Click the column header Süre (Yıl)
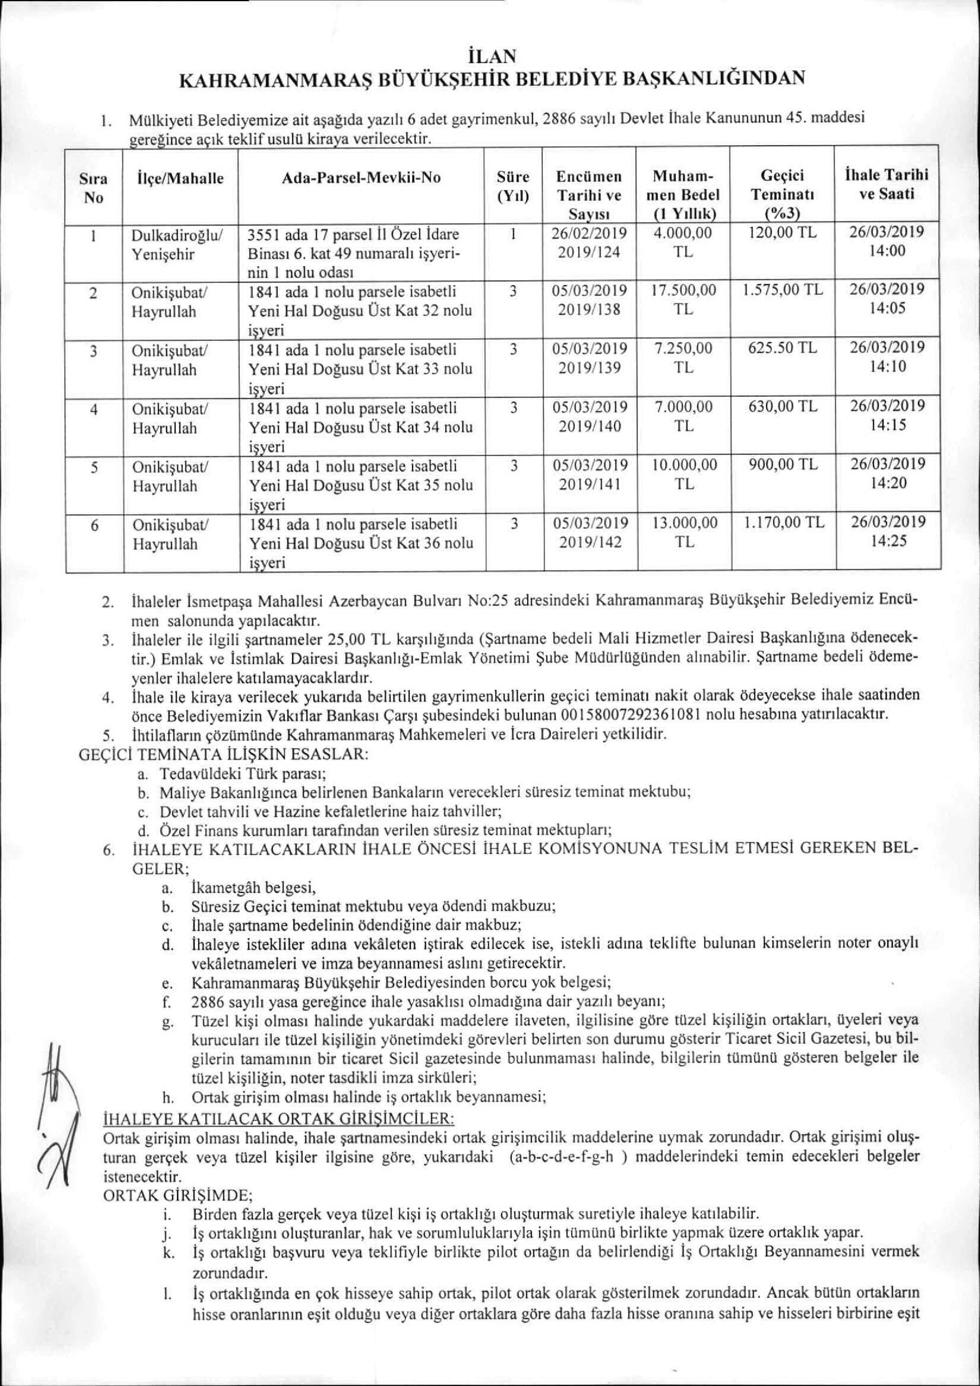[x=513, y=186]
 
